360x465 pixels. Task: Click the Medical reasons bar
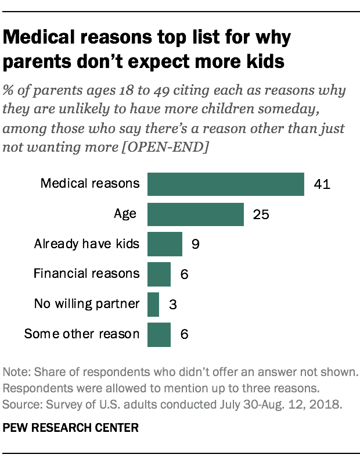226,184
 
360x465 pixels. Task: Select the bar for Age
195,214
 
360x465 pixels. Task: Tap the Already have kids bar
164,244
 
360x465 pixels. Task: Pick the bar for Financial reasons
159,274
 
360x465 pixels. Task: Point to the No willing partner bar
153,305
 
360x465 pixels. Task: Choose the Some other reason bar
159,335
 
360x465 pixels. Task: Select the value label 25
261,214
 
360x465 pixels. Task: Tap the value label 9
196,245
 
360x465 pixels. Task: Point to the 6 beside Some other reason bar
184,335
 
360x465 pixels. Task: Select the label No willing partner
87,304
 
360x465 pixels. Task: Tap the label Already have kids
87,244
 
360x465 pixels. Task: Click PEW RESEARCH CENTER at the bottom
71,428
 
